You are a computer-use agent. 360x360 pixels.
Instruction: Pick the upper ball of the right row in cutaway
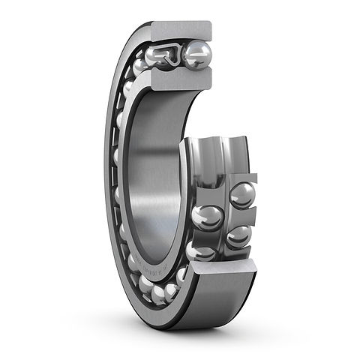(242, 195)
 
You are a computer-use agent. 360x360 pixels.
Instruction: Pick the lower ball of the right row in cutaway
(238, 235)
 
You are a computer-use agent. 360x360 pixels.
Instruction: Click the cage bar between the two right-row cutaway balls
(241, 216)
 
